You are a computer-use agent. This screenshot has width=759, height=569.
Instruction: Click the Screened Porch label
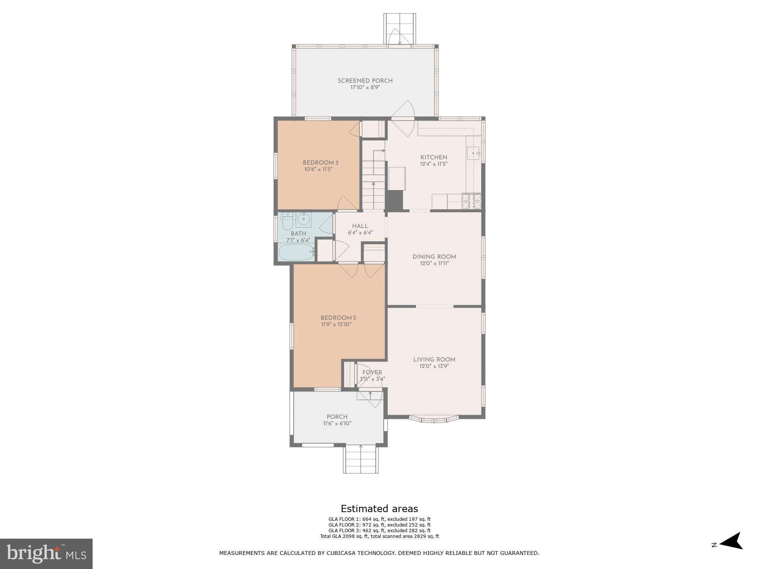[365, 81]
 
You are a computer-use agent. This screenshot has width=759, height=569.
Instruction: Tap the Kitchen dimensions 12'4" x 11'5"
[434, 164]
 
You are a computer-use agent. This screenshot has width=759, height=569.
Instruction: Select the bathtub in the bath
[296, 252]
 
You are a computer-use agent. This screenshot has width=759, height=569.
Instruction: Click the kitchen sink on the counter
[473, 153]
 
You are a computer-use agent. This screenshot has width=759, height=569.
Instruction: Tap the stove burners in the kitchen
[471, 201]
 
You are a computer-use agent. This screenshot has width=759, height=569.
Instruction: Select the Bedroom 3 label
[320, 163]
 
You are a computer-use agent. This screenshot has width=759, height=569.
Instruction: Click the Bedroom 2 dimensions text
[336, 325]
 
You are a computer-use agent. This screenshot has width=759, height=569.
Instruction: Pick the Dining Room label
[434, 257]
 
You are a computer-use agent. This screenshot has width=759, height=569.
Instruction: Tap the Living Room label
[434, 360]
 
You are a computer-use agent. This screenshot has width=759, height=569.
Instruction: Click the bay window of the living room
[434, 419]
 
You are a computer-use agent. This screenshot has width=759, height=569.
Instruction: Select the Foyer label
[372, 373]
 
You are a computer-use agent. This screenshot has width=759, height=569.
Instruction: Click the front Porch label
[337, 417]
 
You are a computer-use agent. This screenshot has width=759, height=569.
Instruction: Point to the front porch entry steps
[361, 459]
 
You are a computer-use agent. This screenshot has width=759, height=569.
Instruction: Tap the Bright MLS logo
[46, 554]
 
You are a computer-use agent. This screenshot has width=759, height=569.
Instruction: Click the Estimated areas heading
[379, 509]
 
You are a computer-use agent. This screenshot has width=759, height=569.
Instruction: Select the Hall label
[360, 226]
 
